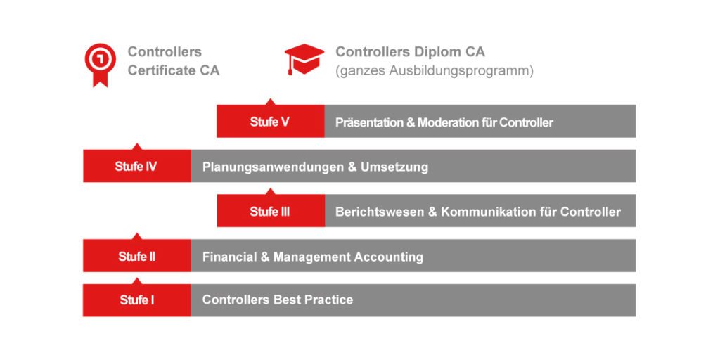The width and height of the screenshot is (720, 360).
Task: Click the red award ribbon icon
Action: point(100,65)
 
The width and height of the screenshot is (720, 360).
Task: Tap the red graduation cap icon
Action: point(304,59)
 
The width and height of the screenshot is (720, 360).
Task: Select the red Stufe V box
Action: point(271,121)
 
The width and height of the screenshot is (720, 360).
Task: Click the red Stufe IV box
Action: point(137,166)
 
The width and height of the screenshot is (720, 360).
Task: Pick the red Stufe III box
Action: point(271,211)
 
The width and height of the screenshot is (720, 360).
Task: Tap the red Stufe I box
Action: point(137,300)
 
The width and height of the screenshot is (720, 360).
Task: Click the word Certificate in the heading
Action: point(157,71)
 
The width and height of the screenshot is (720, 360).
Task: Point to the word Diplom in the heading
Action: point(436,52)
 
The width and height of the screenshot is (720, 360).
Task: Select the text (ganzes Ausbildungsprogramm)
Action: point(435,72)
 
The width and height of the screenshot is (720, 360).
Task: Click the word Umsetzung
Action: point(394,167)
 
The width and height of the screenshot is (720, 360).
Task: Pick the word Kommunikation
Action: point(494,212)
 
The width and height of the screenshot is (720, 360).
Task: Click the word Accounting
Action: point(387,257)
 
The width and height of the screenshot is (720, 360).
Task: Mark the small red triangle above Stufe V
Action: point(271,102)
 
